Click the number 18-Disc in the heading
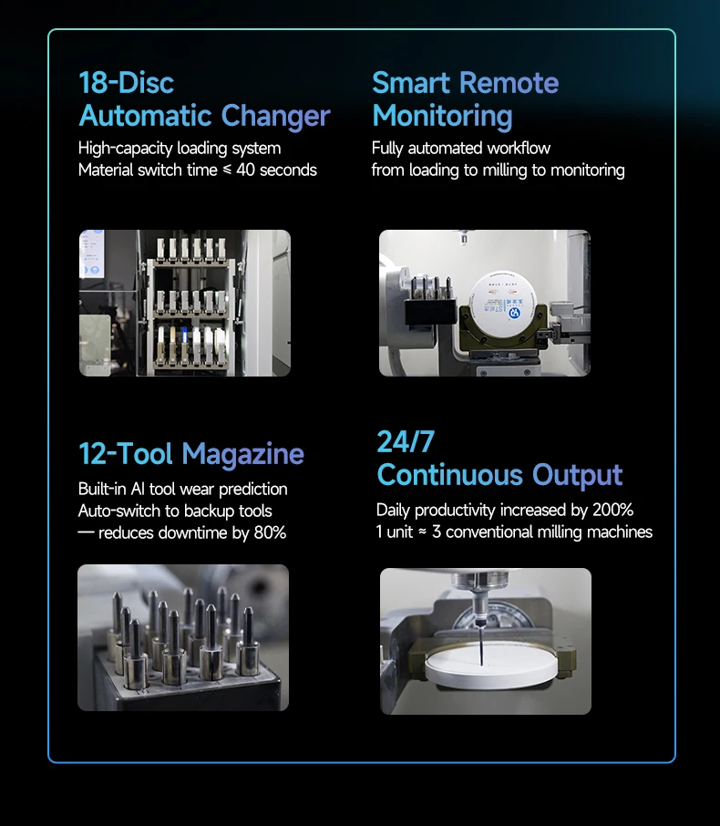click(x=126, y=83)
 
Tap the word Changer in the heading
click(x=275, y=117)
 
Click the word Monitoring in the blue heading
click(x=442, y=117)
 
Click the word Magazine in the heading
click(x=243, y=454)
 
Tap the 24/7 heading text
click(x=406, y=442)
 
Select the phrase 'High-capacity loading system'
click(x=180, y=148)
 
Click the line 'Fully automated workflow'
click(x=461, y=148)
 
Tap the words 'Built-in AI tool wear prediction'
click(x=182, y=490)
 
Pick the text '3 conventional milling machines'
click(x=542, y=532)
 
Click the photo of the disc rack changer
click(x=184, y=303)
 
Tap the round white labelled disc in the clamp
click(x=504, y=302)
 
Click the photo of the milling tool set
click(x=182, y=637)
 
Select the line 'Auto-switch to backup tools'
click(x=175, y=511)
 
